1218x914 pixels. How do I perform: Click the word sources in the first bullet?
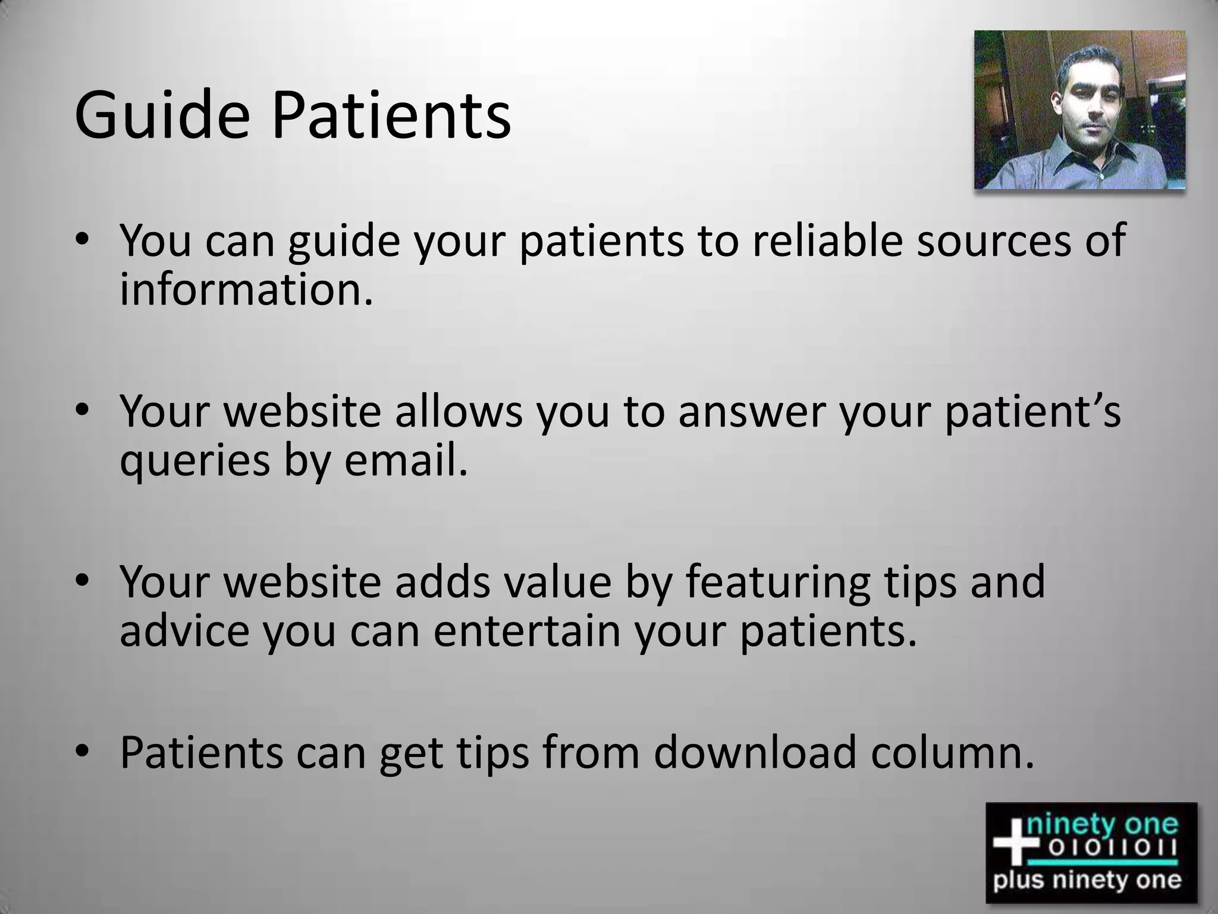coord(991,241)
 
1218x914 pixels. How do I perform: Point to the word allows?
coord(458,412)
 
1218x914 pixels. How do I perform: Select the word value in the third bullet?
coord(557,582)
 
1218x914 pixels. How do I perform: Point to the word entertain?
coord(527,631)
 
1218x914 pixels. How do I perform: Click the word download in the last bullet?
coord(755,752)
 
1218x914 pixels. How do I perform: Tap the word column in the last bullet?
coord(952,752)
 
